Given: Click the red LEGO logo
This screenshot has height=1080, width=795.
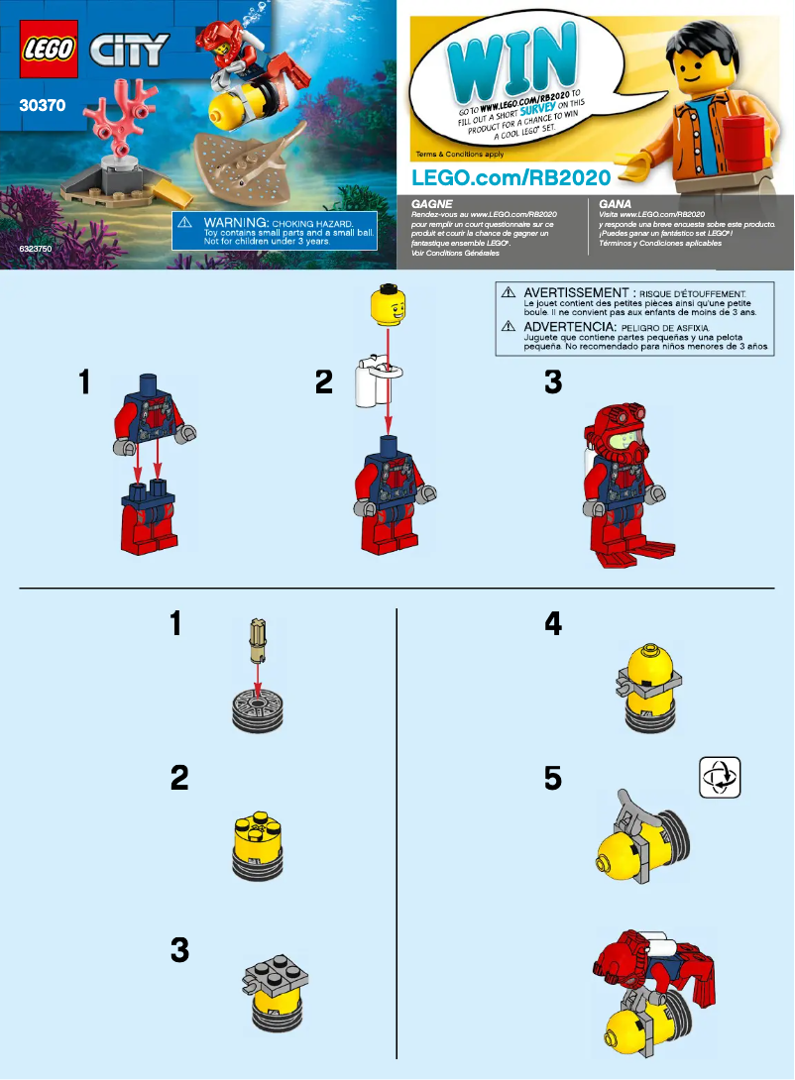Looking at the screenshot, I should pos(47,49).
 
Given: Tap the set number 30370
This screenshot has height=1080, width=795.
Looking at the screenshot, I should pos(42,102).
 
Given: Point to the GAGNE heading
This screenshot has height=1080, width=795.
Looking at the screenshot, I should pos(431,203).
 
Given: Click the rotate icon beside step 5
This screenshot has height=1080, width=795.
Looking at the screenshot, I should pos(720,776).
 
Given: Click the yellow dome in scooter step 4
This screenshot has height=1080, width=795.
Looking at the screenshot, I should pos(650,663).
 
